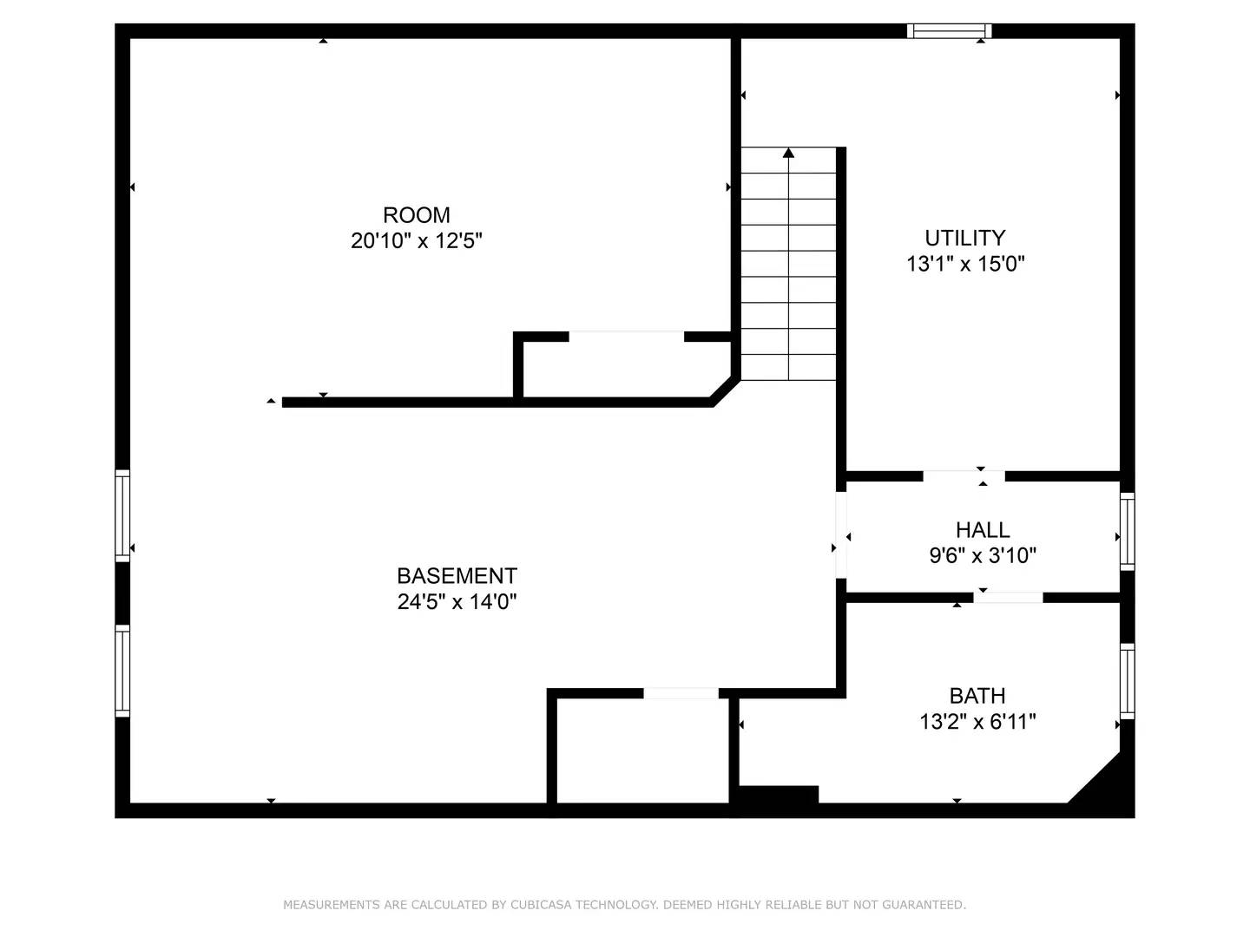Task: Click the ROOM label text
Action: click(417, 215)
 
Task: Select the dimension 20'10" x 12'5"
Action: click(417, 241)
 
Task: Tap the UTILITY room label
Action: click(964, 238)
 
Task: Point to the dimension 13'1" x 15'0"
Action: click(965, 264)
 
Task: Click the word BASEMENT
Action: click(457, 576)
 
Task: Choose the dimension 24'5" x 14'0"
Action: click(457, 602)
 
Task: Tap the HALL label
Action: click(983, 530)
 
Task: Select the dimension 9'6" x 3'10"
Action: click(983, 556)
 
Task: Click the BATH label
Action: click(977, 696)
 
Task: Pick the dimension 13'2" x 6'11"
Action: click(977, 722)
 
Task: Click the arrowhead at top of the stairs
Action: click(788, 154)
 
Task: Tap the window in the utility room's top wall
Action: click(949, 31)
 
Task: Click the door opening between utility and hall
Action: click(964, 475)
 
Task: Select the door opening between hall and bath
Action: click(1008, 597)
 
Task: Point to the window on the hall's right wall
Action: click(1127, 531)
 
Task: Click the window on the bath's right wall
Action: click(1127, 682)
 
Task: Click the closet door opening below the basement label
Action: click(681, 692)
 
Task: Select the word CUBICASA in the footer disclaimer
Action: click(541, 905)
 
